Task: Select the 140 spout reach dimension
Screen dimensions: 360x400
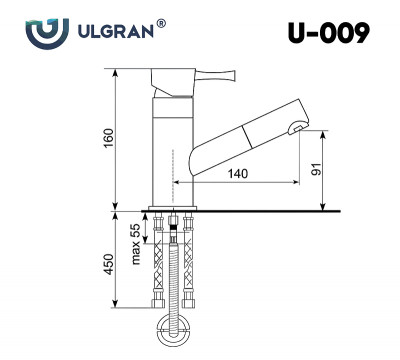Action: point(238,174)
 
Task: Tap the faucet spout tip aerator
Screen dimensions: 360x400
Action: point(296,126)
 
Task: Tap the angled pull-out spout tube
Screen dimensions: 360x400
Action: point(240,139)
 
